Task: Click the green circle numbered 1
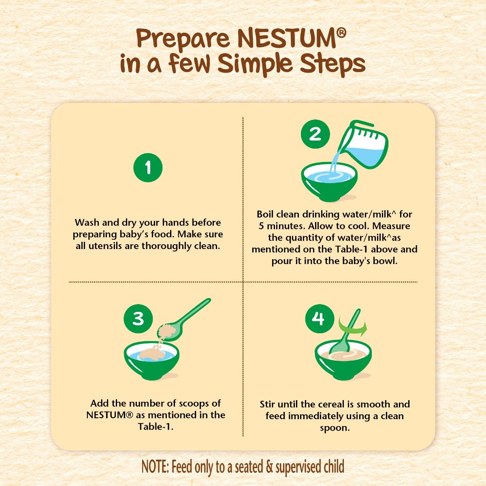[x=148, y=167]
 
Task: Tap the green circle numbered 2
[x=315, y=134]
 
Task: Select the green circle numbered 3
[x=139, y=318]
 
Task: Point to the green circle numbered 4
[x=320, y=319]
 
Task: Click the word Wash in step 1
[x=87, y=223]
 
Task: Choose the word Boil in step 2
[x=265, y=214]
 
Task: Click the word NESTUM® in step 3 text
[x=110, y=415]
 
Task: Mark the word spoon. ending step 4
[x=335, y=428]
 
